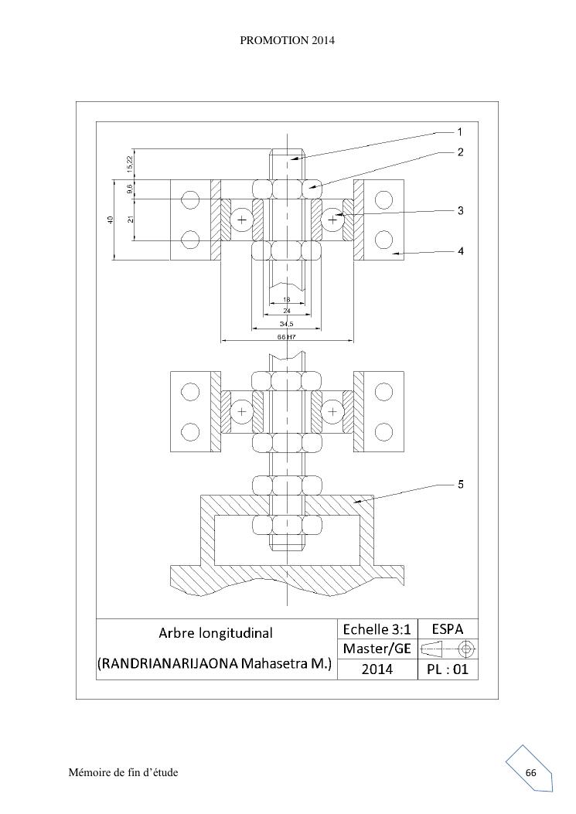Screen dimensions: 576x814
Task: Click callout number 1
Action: pyautogui.click(x=460, y=132)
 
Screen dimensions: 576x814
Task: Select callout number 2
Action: pyautogui.click(x=460, y=152)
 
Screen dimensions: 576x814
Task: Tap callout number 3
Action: pyautogui.click(x=460, y=211)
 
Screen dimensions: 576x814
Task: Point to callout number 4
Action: pyautogui.click(x=460, y=251)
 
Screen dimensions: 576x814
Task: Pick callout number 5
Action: pyautogui.click(x=460, y=485)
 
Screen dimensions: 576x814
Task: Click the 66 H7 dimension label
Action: pyautogui.click(x=287, y=337)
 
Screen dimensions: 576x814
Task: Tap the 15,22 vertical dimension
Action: pyautogui.click(x=130, y=164)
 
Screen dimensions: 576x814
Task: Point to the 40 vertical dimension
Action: pyautogui.click(x=110, y=220)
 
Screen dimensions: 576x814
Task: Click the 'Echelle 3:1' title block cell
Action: pyautogui.click(x=377, y=629)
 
